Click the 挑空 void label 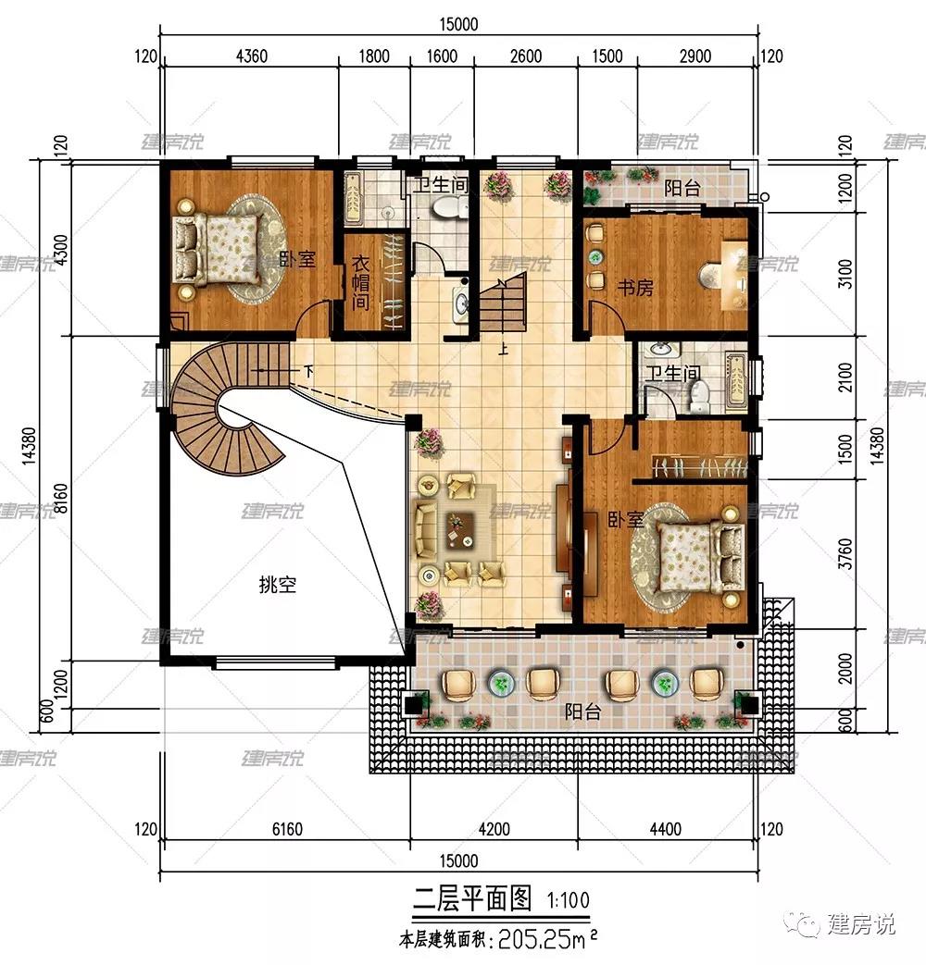coord(278,585)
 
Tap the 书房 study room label coord(635,288)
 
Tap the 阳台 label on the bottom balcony coord(582,711)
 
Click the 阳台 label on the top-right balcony coord(682,189)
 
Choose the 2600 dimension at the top coord(525,56)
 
